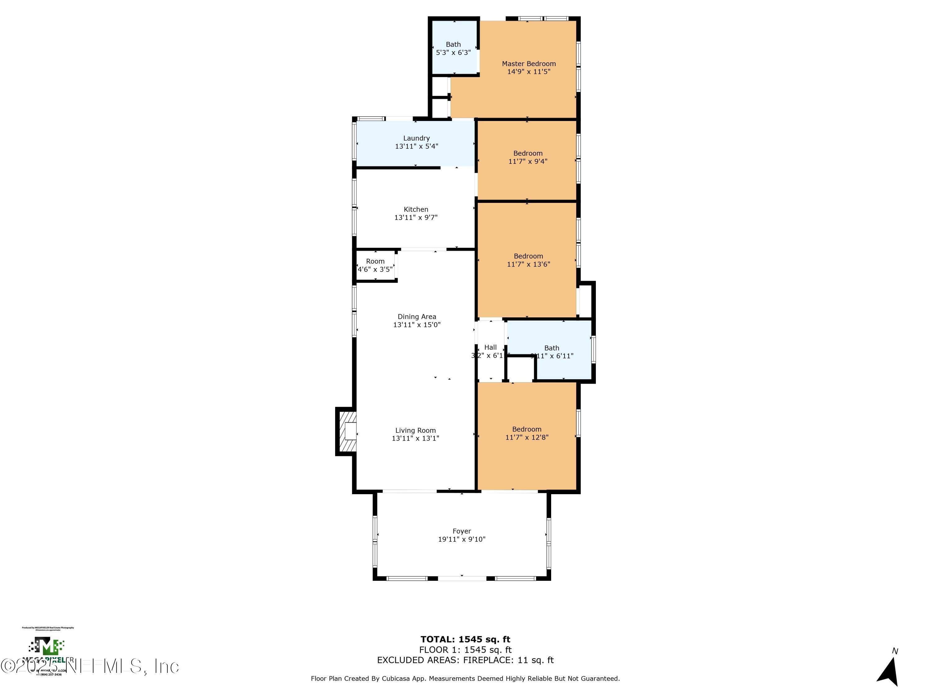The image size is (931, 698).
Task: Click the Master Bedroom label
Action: pos(528,64)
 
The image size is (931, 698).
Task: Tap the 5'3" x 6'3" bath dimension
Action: pos(453,53)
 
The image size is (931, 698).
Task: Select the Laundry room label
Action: pos(416,138)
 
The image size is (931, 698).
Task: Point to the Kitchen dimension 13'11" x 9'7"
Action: pos(416,217)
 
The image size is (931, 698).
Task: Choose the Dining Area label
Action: pos(417,316)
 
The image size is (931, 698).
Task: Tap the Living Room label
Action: pos(416,430)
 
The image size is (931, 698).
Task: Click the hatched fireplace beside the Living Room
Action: pos(348,431)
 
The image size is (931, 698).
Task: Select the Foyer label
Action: pos(462,531)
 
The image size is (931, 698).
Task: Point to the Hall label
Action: pos(490,347)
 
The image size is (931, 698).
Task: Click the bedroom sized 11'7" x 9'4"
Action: pos(528,157)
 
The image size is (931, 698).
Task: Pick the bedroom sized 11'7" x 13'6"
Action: pos(528,260)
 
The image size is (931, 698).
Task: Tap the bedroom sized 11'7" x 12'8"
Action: pos(527,433)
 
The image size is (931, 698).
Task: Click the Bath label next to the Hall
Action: pos(551,348)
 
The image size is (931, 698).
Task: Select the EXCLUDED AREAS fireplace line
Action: pos(465,660)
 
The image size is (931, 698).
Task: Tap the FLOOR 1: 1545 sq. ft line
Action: pos(465,650)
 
